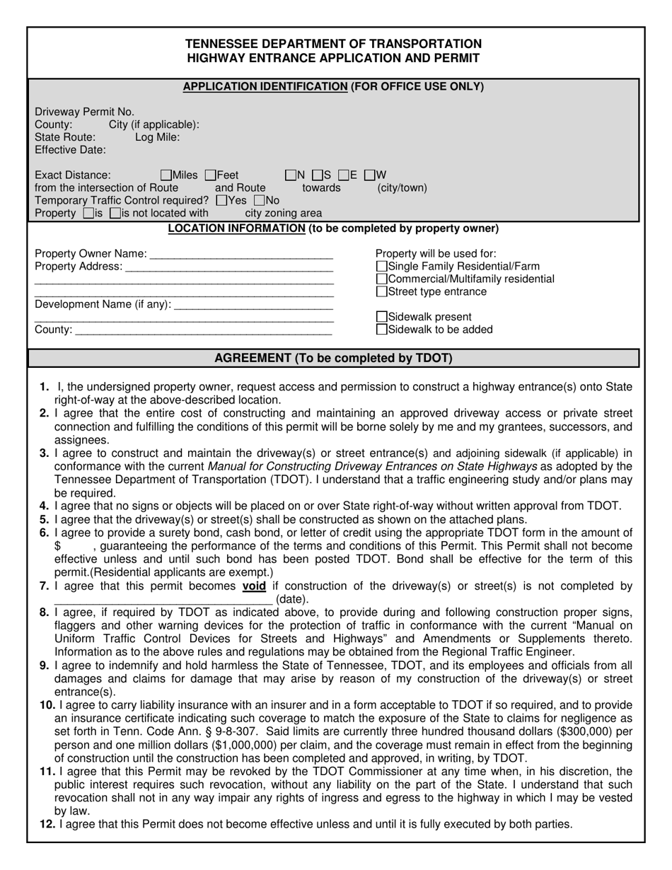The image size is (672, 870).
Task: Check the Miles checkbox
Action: [166, 175]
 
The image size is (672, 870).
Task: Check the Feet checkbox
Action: [211, 175]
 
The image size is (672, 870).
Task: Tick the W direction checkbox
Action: [369, 175]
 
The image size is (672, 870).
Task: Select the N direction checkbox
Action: [290, 175]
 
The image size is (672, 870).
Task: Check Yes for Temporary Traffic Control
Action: [221, 201]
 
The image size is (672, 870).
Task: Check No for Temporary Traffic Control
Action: [259, 201]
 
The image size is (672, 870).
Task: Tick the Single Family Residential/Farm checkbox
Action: [382, 267]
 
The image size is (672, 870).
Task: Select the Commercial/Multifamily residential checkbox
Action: [382, 279]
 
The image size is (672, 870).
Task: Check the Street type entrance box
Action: [382, 292]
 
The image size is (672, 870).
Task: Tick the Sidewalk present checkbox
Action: [382, 318]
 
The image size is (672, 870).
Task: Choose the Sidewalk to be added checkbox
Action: [382, 330]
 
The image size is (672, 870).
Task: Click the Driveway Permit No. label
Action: [84, 112]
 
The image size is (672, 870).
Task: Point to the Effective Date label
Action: [71, 150]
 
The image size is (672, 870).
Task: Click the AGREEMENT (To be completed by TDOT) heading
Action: [333, 358]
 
